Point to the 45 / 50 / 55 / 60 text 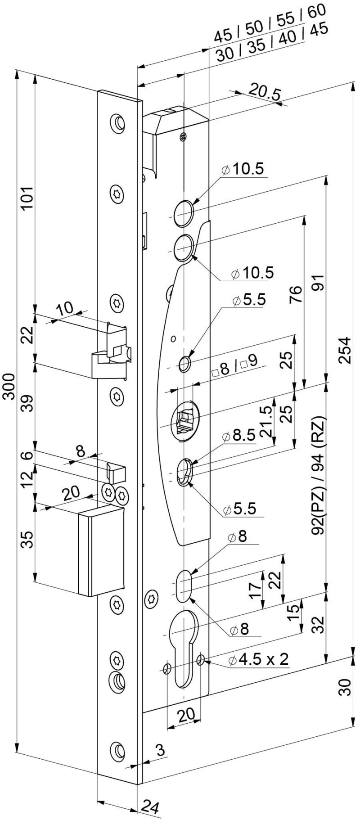point(269,25)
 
